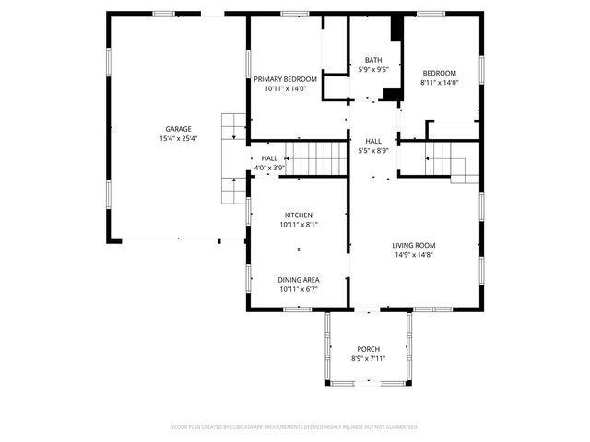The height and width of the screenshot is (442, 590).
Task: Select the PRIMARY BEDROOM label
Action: pos(286,80)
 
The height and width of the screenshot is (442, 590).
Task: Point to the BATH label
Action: pos(373,60)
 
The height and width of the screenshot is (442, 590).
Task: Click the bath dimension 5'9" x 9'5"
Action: pos(373,69)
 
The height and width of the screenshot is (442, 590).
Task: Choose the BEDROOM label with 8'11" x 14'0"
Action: pos(439,73)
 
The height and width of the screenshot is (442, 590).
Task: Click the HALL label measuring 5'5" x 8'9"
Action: pos(373,141)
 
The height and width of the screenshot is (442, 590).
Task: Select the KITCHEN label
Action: pos(298,215)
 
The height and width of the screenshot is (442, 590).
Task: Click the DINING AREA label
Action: pos(298,279)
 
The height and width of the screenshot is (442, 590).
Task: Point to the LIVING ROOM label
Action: pos(414,245)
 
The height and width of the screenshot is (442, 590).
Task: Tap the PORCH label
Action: pos(369,349)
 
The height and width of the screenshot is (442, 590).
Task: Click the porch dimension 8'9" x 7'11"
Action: pos(369,358)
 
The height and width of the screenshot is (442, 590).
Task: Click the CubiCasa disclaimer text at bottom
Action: pos(295,427)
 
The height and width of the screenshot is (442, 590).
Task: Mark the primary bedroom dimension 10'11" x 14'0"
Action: pos(286,89)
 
